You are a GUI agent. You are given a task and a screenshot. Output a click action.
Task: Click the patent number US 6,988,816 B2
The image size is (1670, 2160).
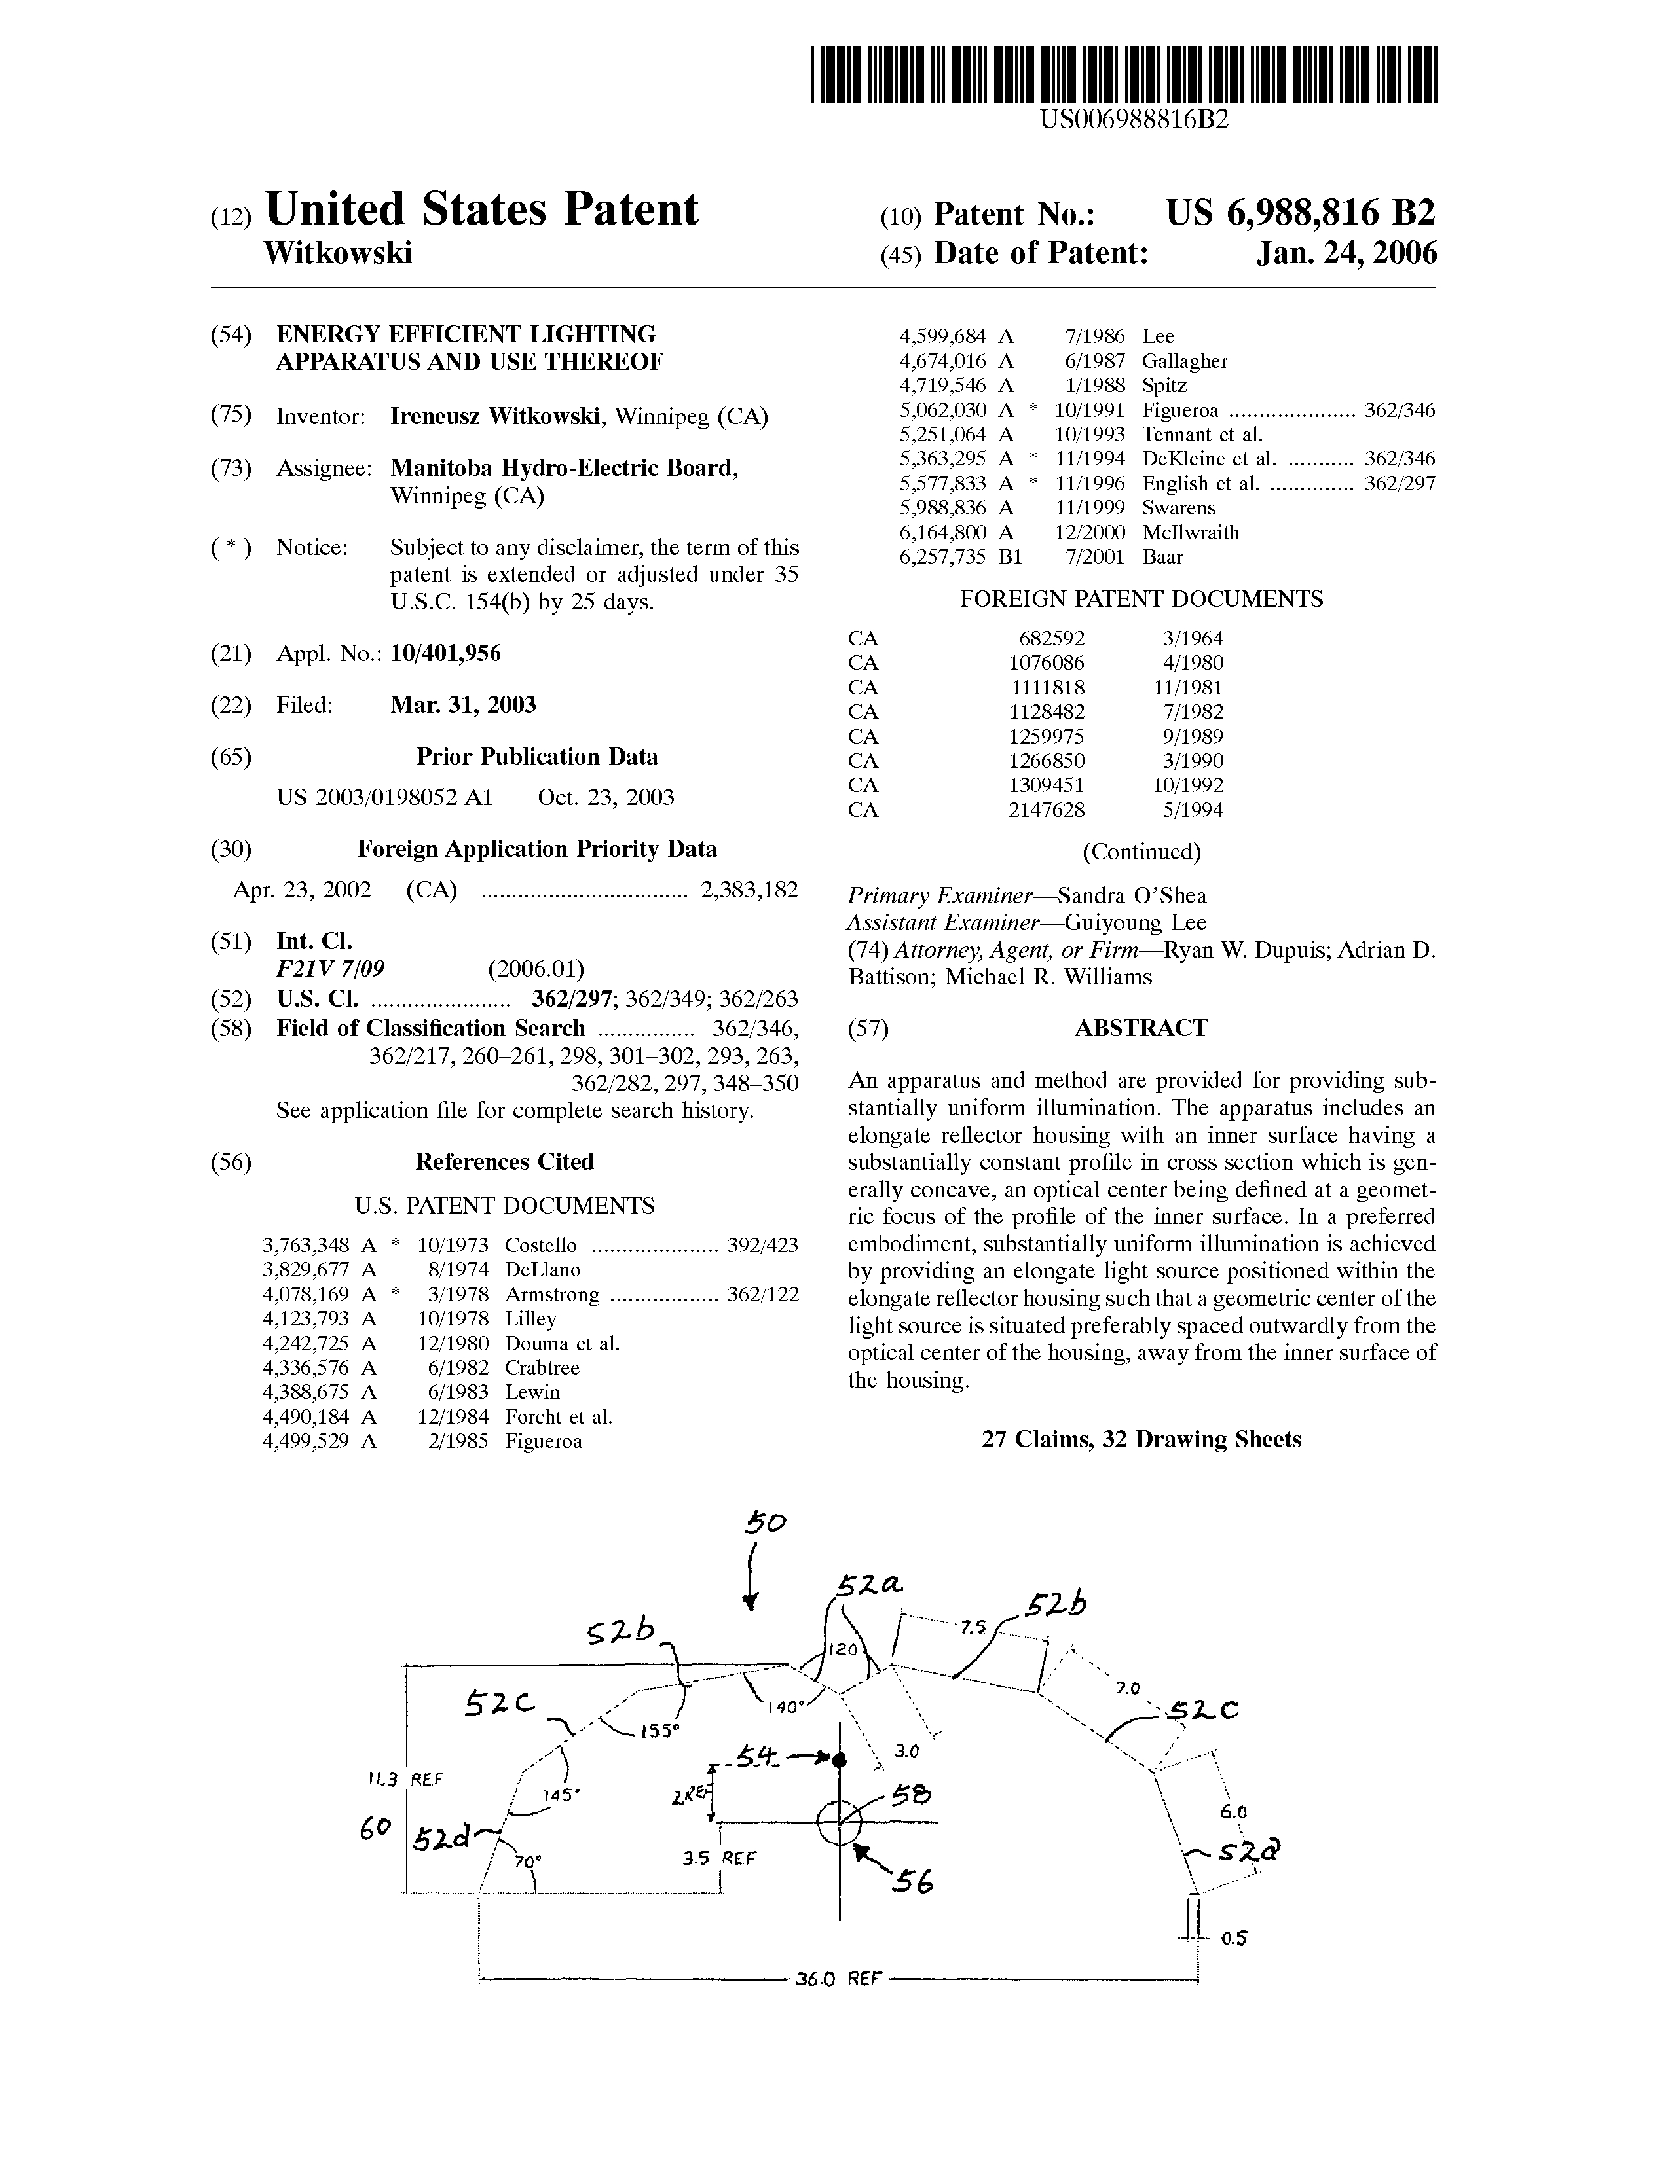click(1300, 213)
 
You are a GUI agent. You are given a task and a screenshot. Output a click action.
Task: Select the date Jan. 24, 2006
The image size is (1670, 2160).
click(1346, 254)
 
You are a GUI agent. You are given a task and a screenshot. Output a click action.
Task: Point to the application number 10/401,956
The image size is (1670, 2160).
click(445, 654)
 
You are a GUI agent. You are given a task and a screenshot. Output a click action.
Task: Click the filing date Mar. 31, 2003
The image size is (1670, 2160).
click(463, 705)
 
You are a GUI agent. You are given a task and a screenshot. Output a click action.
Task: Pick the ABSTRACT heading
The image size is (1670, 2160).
click(1141, 1028)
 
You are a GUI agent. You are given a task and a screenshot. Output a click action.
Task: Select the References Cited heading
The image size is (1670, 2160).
click(504, 1162)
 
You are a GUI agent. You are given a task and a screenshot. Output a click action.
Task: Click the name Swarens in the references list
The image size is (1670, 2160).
click(1178, 509)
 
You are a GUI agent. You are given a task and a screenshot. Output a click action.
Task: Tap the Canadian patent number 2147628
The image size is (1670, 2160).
click(1046, 810)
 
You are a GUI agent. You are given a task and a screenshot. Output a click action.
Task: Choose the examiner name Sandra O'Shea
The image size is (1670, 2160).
click(1132, 896)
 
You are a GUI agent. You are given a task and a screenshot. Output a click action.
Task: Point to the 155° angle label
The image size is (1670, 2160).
click(661, 1731)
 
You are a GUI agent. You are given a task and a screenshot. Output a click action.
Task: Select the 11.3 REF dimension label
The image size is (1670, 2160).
click(405, 1779)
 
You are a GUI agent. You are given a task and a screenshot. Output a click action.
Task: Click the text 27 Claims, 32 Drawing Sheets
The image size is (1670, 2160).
click(1141, 1440)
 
